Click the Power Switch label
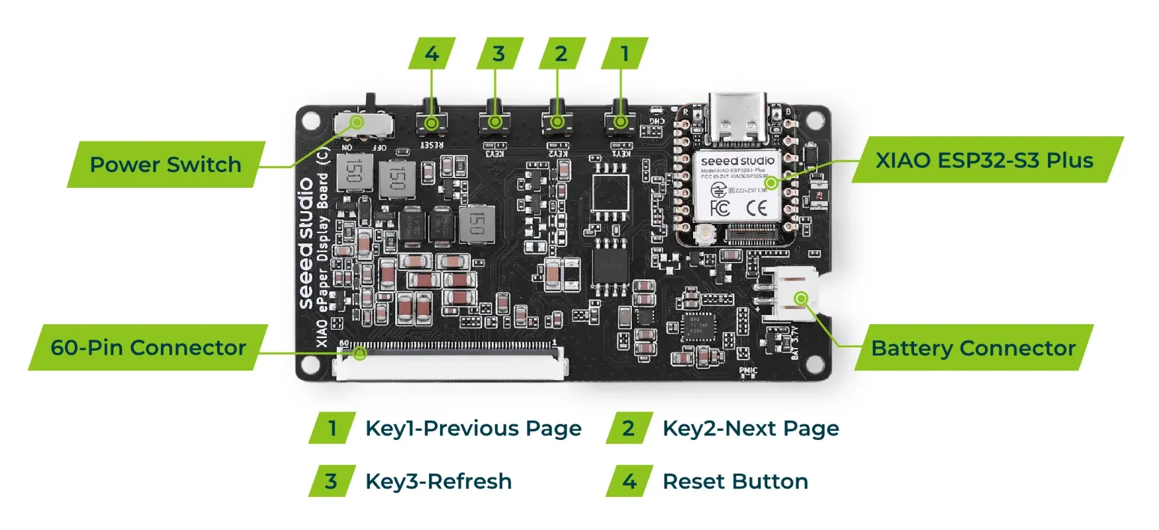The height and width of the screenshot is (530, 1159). click(165, 164)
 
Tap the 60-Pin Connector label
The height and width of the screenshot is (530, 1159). click(148, 347)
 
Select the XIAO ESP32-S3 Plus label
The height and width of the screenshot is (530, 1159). click(984, 160)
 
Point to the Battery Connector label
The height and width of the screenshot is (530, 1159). click(973, 348)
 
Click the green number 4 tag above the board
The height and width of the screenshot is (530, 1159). click(432, 54)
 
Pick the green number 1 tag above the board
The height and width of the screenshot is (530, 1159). click(624, 54)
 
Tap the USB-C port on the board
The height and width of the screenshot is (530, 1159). click(738, 119)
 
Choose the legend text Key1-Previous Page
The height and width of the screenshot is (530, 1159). click(473, 428)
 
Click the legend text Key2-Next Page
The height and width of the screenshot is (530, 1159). click(751, 428)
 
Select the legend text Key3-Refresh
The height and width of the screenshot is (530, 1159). click(438, 481)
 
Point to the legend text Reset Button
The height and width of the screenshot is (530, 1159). click(735, 481)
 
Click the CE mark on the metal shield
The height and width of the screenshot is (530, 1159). click(757, 208)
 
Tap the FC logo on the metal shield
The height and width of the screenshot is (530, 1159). click(719, 208)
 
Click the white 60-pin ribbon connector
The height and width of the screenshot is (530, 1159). click(452, 364)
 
